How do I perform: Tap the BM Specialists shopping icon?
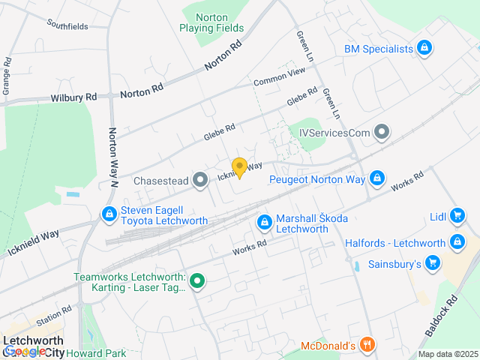point(425,49)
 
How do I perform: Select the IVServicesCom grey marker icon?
point(382,133)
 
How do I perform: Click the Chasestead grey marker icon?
point(200,180)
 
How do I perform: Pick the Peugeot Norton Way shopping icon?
point(377,179)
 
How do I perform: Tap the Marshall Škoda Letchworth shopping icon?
point(264,223)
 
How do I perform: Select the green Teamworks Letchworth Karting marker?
point(197,282)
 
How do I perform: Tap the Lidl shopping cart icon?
point(457,217)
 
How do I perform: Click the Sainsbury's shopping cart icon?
point(432,263)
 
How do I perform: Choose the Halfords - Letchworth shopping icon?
point(457,243)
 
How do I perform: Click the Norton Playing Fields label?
point(211,22)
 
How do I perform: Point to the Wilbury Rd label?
point(74,97)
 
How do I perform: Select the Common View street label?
point(279,76)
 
